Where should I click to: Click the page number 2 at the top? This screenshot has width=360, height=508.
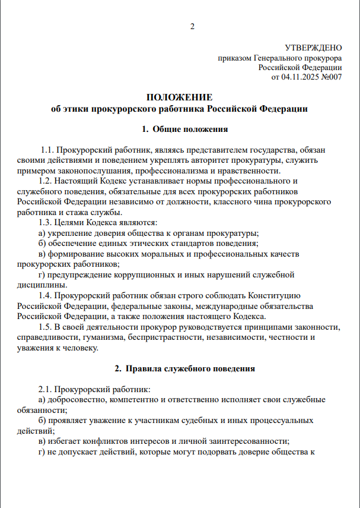tap(192, 26)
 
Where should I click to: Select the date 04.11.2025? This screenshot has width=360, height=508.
tap(299, 77)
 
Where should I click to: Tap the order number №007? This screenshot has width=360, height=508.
tap(331, 77)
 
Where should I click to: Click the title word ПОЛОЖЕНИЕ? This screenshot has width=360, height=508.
tap(179, 97)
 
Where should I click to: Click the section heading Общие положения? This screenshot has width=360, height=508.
tap(190, 128)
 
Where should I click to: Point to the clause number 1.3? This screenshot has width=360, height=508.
tap(45, 223)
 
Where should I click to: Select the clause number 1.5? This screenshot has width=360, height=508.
tap(45, 327)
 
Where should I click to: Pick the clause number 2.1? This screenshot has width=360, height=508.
tap(45, 390)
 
